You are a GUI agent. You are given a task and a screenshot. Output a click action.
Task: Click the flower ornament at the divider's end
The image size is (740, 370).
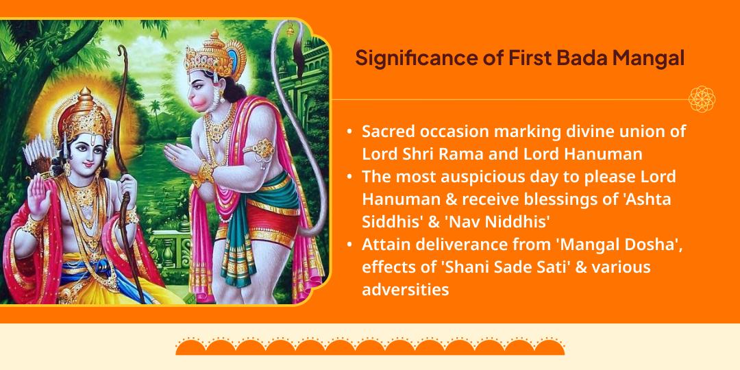(x=702, y=99)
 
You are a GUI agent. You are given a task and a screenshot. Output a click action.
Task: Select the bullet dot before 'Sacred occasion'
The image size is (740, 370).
(x=350, y=131)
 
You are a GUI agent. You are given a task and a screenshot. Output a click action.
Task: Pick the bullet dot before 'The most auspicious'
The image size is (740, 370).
(x=350, y=177)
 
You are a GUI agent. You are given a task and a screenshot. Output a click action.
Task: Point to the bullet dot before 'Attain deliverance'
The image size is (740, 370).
(x=350, y=245)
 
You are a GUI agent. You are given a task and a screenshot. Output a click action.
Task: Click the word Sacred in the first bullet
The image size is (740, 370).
(x=386, y=131)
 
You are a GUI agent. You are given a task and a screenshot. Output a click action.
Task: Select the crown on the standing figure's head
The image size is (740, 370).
(x=209, y=51)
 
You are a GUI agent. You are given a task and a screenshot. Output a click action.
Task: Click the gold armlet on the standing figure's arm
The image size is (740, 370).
(x=262, y=147)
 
